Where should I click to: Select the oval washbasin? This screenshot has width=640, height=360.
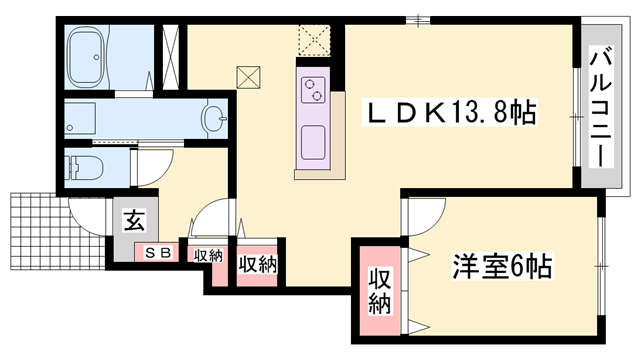[x=214, y=120]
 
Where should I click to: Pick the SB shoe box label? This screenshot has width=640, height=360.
[x=158, y=254]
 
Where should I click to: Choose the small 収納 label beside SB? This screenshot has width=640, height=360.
[x=208, y=255]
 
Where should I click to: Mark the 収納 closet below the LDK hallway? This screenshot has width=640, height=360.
[x=257, y=265]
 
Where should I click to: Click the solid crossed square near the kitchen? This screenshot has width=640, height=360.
[x=248, y=77]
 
